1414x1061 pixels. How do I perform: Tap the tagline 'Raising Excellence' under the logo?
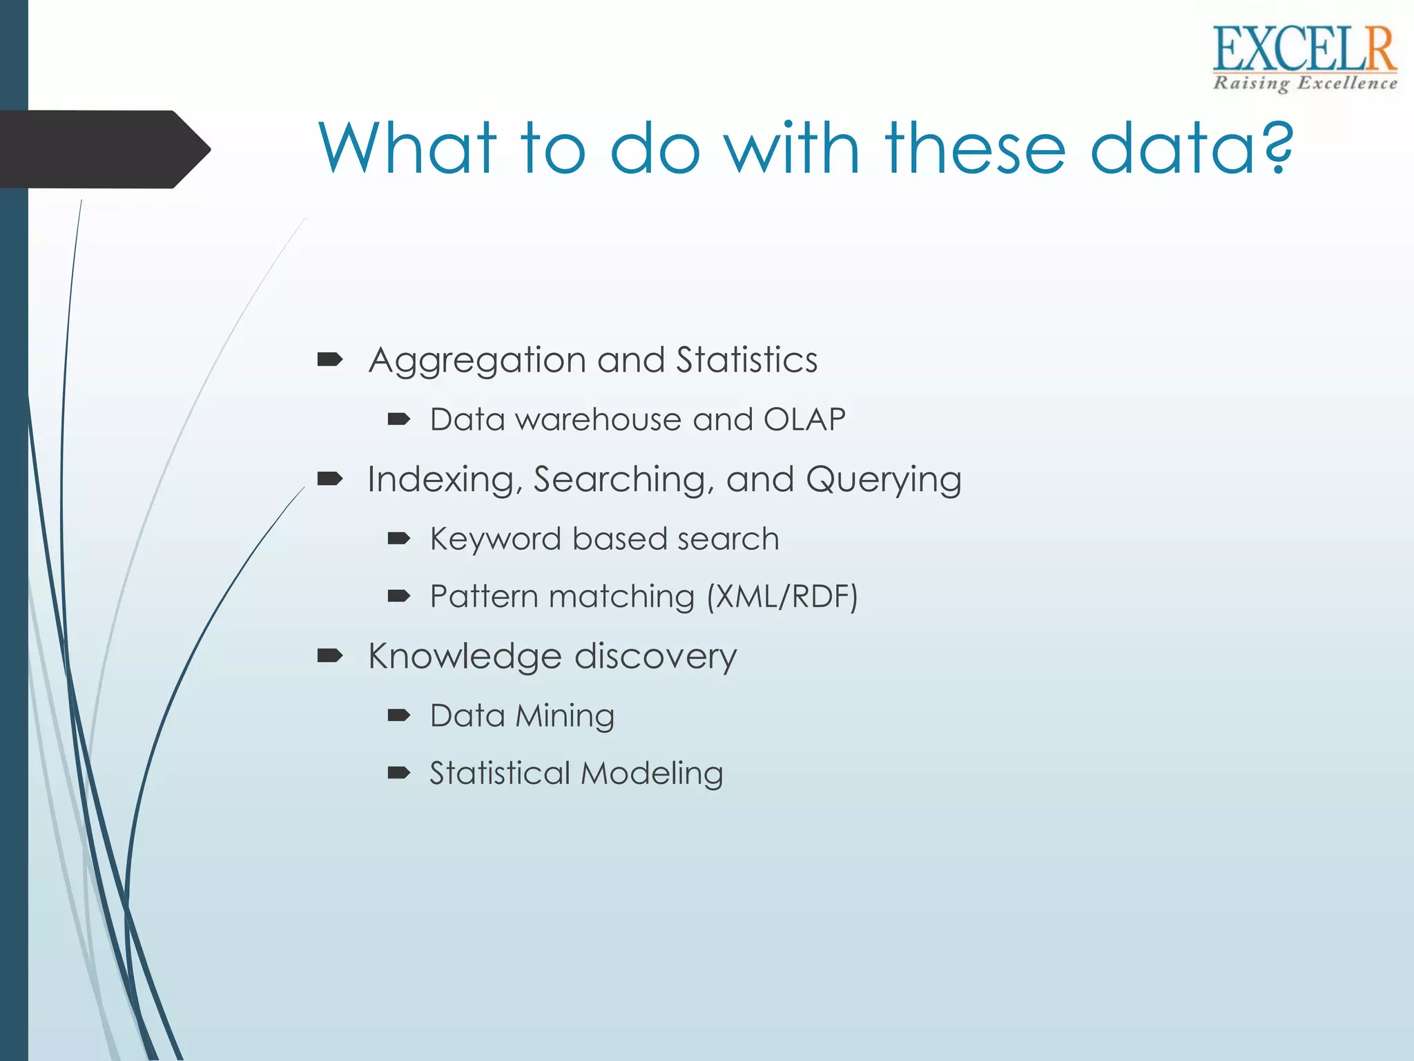(1304, 84)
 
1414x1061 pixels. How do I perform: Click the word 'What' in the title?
(407, 148)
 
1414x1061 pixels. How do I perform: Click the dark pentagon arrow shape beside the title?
(104, 149)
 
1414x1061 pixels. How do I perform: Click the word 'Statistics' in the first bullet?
(746, 360)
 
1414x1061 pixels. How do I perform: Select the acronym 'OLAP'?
(804, 419)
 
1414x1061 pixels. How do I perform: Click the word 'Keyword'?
(495, 539)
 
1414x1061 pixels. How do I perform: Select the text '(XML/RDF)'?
(782, 597)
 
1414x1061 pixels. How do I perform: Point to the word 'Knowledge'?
(465, 657)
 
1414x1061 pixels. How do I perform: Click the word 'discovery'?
(655, 656)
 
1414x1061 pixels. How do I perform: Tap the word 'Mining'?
(564, 716)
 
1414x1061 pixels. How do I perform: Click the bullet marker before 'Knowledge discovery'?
(330, 656)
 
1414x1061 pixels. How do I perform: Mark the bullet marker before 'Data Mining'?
(399, 715)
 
